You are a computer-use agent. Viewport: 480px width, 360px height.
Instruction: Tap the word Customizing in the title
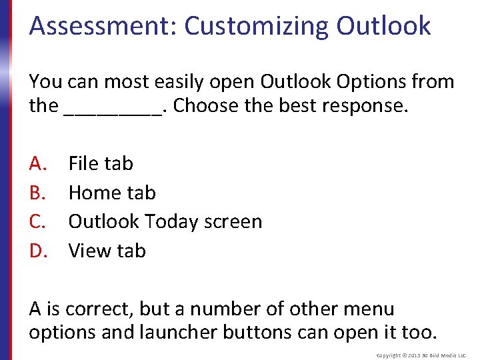257,26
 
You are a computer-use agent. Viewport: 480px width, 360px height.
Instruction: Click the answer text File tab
101,163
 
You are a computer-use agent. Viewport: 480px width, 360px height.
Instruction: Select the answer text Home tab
112,193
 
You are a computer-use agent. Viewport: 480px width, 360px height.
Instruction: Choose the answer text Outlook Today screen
165,221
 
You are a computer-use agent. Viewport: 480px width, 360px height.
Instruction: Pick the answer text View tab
107,251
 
